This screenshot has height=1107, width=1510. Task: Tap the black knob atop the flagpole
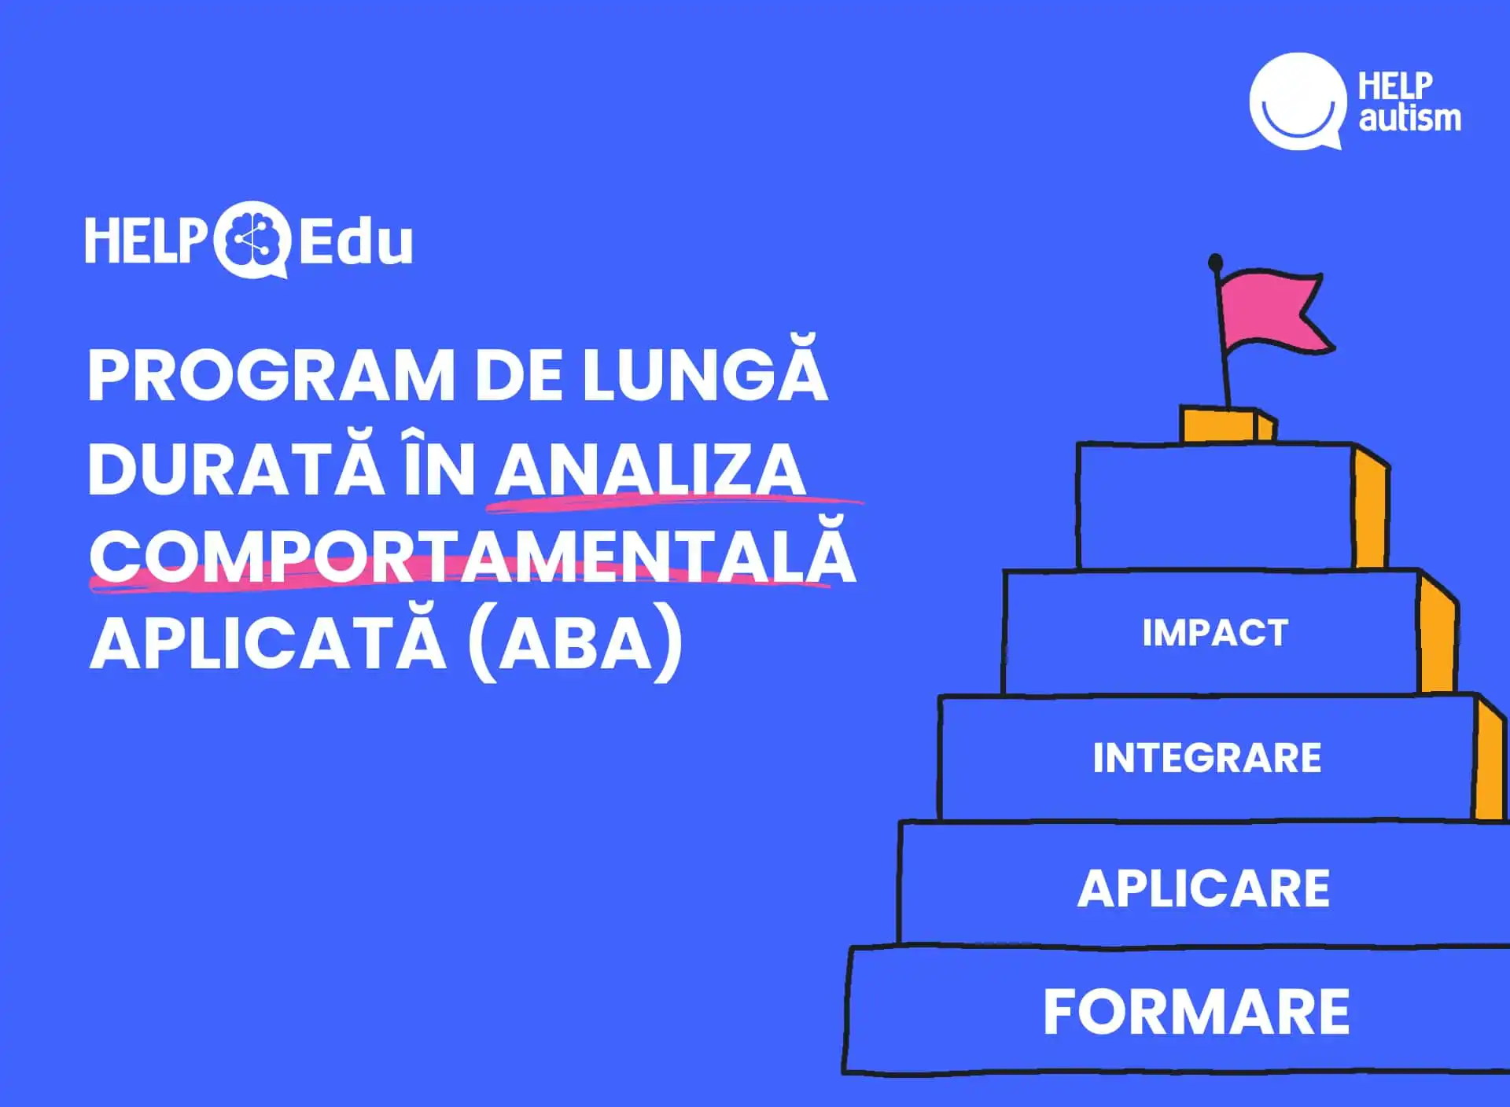tap(1215, 262)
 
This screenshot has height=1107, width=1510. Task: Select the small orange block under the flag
tap(1227, 425)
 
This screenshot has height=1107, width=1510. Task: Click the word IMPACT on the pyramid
tap(1215, 633)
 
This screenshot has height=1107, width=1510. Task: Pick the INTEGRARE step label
tap(1207, 758)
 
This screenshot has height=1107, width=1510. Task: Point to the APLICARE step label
tap(1203, 888)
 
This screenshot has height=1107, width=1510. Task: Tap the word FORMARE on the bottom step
tap(1196, 1012)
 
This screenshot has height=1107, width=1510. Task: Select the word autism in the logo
tap(1410, 118)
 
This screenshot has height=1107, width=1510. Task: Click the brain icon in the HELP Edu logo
tap(252, 240)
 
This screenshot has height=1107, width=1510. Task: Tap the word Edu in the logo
tap(355, 242)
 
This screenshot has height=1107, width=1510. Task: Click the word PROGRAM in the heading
tap(271, 375)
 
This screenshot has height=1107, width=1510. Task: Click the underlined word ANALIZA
tap(650, 470)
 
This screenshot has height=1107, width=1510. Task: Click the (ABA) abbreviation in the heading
tap(575, 643)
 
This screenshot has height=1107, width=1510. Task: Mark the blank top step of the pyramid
tap(1216, 506)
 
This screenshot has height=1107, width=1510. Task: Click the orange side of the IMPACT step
tap(1438, 633)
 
